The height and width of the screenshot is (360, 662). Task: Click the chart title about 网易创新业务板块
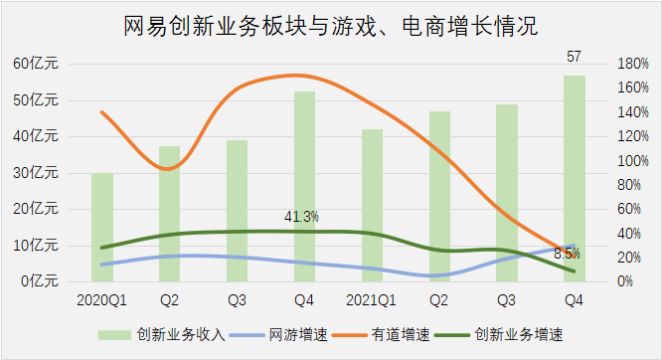[x=331, y=25]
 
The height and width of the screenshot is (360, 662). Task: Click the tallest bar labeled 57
[x=574, y=178]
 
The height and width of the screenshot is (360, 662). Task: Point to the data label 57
[x=574, y=57]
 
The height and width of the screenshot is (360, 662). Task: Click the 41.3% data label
[x=301, y=217]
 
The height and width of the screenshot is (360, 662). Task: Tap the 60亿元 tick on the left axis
[x=36, y=64]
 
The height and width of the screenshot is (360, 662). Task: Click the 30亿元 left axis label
[x=36, y=173]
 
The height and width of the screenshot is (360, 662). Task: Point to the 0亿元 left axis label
[x=40, y=281]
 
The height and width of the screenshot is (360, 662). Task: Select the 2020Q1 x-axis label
[x=101, y=299]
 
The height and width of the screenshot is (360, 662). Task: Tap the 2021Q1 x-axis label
[x=372, y=299]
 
